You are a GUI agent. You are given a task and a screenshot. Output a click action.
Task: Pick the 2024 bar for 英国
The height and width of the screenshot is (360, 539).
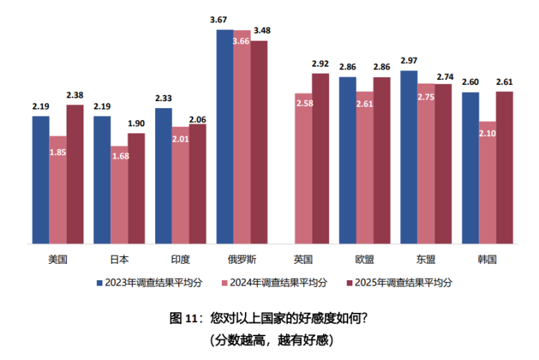point(303,168)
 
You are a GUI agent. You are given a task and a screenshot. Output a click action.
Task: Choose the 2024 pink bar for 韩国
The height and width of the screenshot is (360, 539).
point(487,182)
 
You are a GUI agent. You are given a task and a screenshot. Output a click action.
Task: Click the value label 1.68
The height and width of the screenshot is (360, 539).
point(119,157)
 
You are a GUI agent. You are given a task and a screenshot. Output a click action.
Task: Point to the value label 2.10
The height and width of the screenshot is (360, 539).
point(487,133)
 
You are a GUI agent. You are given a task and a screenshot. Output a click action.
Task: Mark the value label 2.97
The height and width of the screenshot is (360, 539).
point(409,61)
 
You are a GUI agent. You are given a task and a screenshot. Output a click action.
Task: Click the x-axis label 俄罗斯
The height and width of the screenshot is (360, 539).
point(241,259)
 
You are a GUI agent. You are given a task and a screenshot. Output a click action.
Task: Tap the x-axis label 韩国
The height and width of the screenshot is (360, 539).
point(487,259)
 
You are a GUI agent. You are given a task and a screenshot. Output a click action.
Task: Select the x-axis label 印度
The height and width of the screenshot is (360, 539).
point(180,259)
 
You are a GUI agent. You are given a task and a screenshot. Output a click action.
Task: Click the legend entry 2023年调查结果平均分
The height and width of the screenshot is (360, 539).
point(149,283)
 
